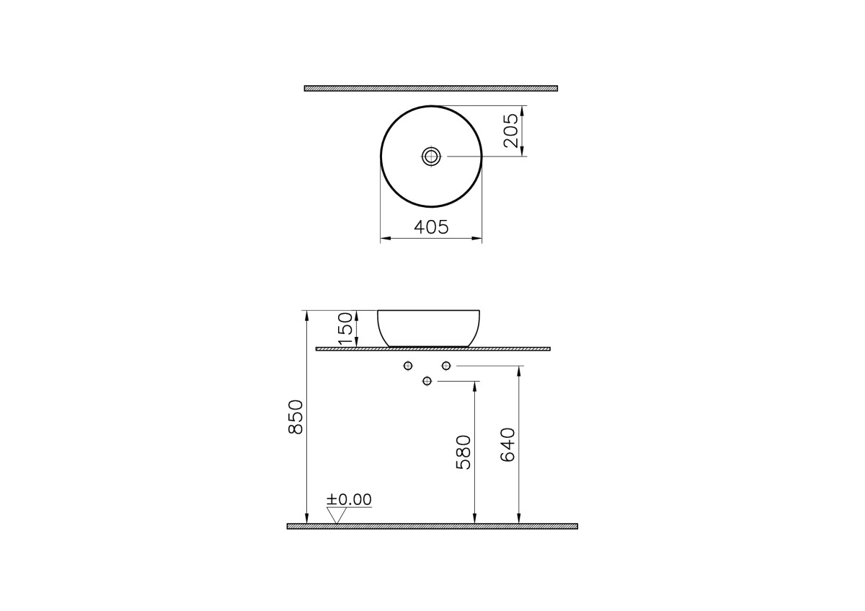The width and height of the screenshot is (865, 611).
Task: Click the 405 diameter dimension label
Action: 431,227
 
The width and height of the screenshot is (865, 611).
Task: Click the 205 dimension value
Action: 511,131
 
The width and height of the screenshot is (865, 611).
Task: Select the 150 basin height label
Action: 346,328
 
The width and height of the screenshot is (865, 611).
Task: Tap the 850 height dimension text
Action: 296,418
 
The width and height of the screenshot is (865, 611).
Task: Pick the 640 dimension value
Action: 507,445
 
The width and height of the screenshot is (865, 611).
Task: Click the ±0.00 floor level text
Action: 349,499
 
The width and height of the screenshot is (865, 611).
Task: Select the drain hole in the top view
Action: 431,156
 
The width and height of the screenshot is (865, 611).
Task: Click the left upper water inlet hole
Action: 408,366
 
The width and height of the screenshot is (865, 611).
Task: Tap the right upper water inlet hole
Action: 445,366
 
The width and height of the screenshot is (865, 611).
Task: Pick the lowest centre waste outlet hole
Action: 427,380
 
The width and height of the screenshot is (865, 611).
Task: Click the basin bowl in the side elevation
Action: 429,328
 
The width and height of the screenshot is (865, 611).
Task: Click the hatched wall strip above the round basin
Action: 431,89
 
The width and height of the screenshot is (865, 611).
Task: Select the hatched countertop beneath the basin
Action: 432,349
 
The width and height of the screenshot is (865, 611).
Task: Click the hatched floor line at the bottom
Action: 432,527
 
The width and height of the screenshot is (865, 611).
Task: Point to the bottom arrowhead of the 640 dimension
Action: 519,519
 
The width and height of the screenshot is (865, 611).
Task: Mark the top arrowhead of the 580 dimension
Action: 474,386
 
